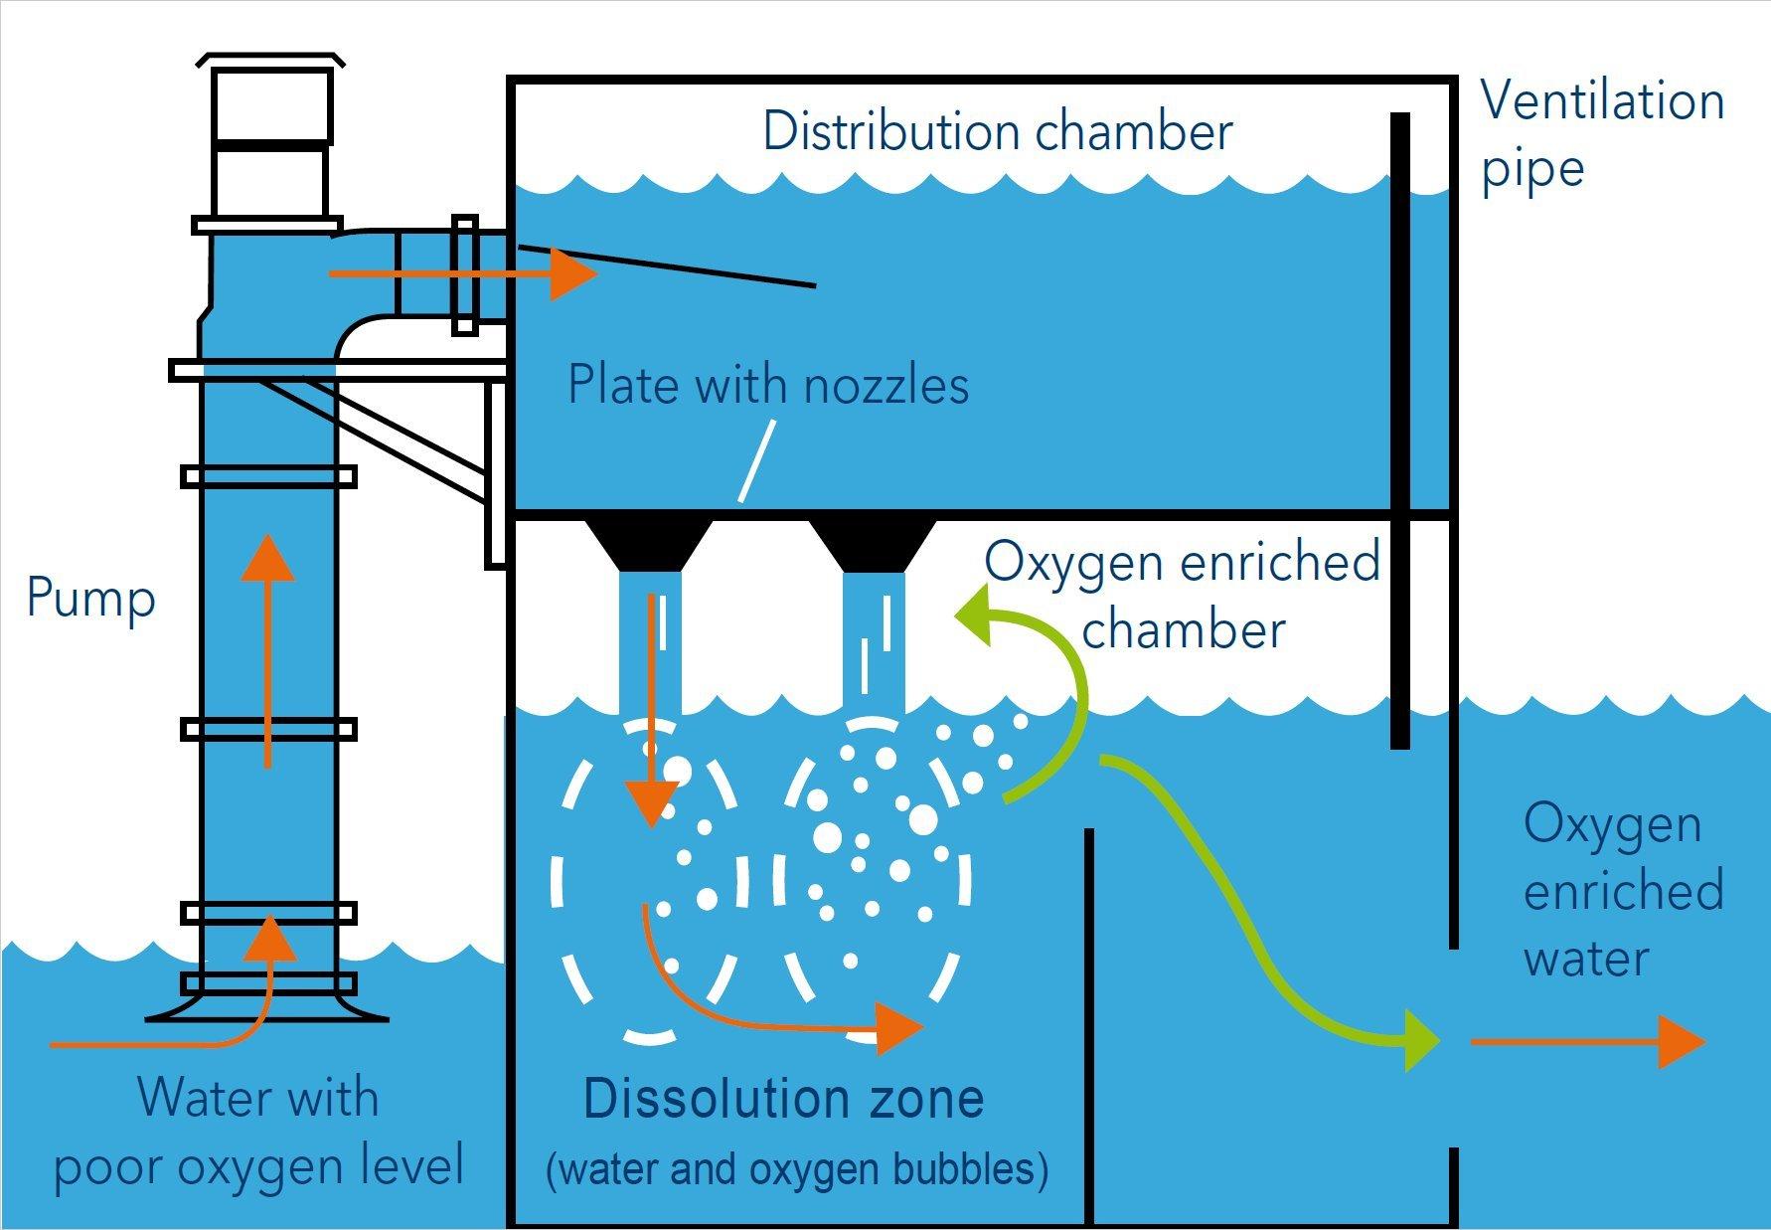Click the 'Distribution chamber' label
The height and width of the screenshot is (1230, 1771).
tap(997, 132)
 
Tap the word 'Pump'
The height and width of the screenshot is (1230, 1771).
tap(91, 599)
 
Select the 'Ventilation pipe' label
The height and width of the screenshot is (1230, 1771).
tap(1602, 134)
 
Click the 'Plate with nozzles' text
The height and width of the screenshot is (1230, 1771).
tap(767, 386)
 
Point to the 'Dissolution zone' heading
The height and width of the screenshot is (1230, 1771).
tap(783, 1099)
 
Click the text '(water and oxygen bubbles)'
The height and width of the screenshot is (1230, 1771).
tap(797, 1168)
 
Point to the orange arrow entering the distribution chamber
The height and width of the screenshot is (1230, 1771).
tap(462, 273)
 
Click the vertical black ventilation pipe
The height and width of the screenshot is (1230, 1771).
tap(1399, 428)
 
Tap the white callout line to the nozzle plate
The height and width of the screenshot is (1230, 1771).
tap(755, 459)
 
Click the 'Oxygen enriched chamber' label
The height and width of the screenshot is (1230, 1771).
tap(1183, 596)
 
